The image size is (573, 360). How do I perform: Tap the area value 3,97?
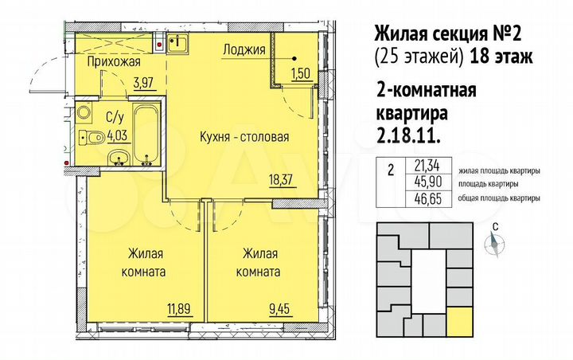pyautogui.click(x=143, y=80)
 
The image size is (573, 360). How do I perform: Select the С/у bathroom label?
pyautogui.click(x=102, y=115)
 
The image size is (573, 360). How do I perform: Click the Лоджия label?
pyautogui.click(x=244, y=49)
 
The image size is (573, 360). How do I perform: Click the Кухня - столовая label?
pyautogui.click(x=244, y=137)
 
